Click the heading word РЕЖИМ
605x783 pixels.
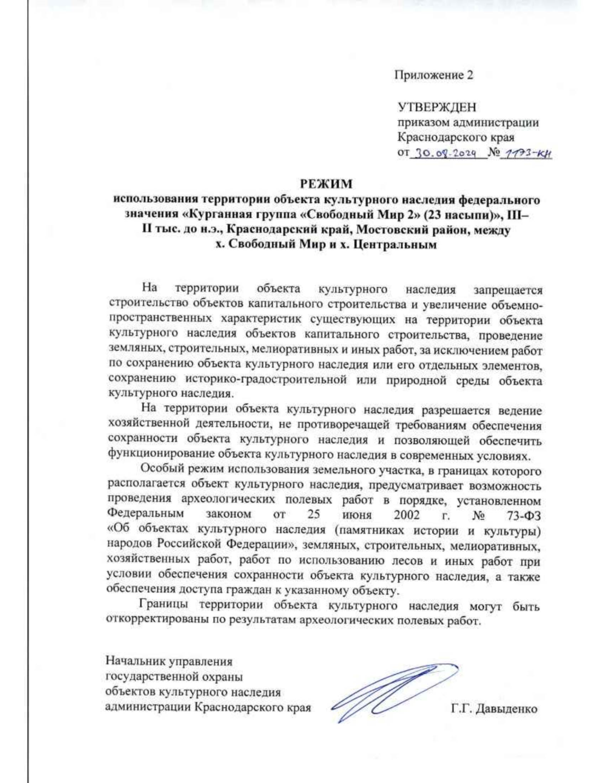click(x=327, y=184)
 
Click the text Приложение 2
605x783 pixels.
click(x=434, y=76)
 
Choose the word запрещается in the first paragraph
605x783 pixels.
click(x=508, y=290)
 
